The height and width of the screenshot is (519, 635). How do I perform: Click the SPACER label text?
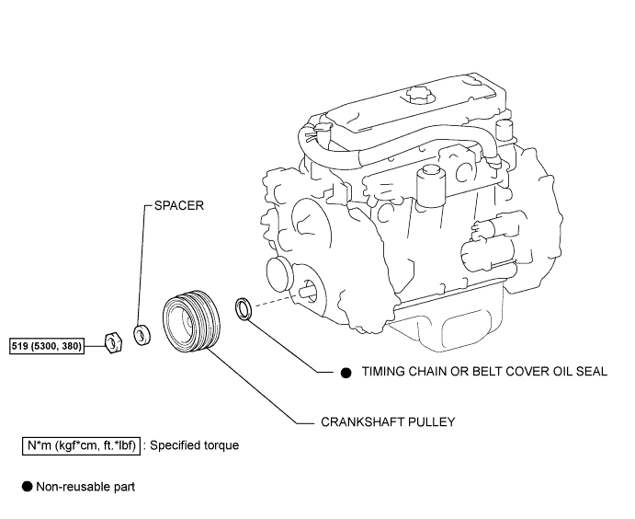[x=177, y=207]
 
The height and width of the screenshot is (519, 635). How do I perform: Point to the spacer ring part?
[x=142, y=334]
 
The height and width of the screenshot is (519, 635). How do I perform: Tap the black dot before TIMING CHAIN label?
[x=346, y=373]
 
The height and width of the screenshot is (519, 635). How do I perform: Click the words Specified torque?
[x=194, y=445]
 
